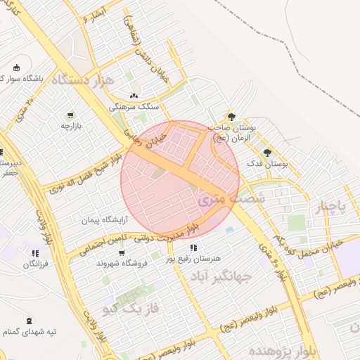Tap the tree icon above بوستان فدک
point(267,153)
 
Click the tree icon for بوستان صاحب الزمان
point(231,117)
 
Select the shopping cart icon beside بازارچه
point(70,115)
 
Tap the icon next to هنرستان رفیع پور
point(193,247)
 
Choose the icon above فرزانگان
point(35,253)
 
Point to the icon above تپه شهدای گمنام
point(29,321)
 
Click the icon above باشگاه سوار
point(16,67)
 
